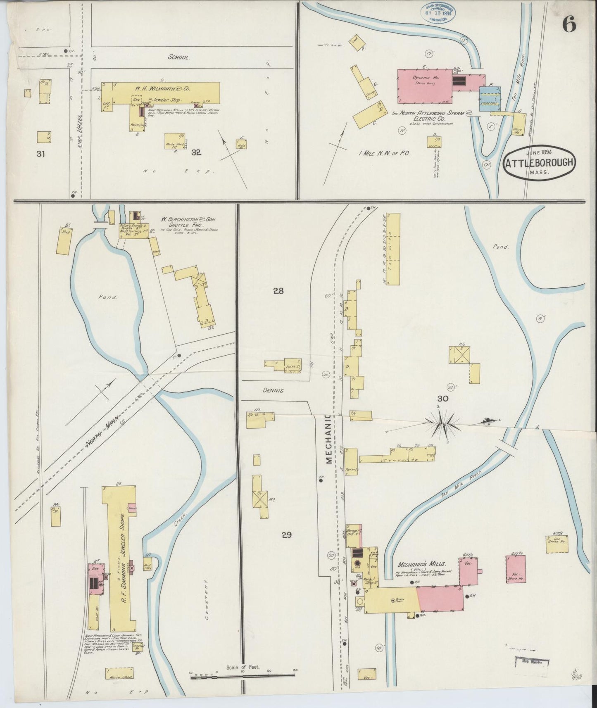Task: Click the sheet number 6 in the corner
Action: [x=569, y=25]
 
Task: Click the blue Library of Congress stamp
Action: [x=436, y=13]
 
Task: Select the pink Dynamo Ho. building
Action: [x=425, y=86]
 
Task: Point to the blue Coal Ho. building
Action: [x=490, y=99]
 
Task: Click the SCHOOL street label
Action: [x=179, y=58]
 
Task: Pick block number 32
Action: [x=196, y=152]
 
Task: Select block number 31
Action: [x=40, y=154]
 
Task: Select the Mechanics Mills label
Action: [x=421, y=564]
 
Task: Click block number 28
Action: [x=278, y=291]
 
